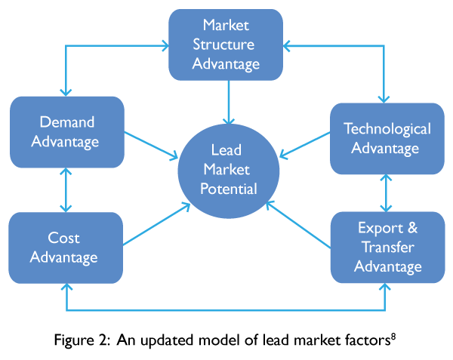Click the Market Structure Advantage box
pos(226,45)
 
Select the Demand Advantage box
pos(67,132)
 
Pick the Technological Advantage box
pos(387,139)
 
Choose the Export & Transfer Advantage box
pos(387,248)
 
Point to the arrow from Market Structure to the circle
pos(227,102)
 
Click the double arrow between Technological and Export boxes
pos(387,193)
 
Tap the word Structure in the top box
pos(226,45)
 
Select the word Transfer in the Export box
pos(387,248)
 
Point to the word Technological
pos(387,129)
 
